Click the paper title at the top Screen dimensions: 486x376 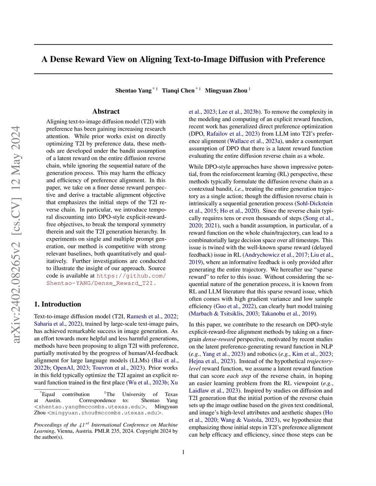183,59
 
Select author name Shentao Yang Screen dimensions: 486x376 133,91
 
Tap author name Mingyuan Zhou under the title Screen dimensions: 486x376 226,91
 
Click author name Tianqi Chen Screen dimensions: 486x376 178,91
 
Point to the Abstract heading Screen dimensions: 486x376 106,112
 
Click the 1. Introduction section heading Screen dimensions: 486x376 58,304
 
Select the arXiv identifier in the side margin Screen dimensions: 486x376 17,235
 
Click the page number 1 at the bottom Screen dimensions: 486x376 183,452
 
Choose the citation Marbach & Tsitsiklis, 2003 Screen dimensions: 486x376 224,314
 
